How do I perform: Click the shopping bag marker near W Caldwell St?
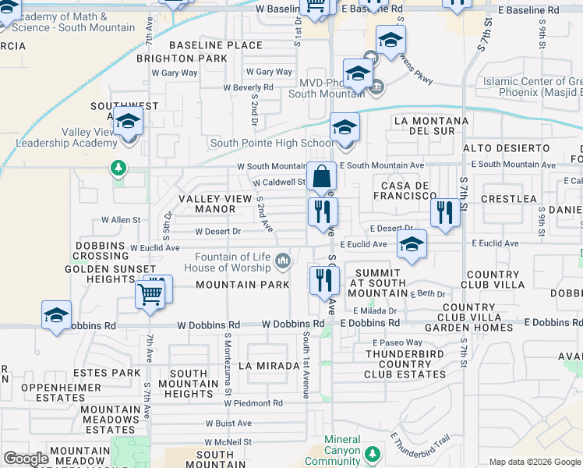(x=321, y=178)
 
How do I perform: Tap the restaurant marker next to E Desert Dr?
(x=445, y=211)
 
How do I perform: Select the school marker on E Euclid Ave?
(x=412, y=245)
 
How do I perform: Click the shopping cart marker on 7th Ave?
(x=150, y=295)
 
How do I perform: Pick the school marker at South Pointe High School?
(x=344, y=129)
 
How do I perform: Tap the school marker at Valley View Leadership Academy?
(x=129, y=122)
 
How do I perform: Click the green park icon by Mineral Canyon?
(x=373, y=453)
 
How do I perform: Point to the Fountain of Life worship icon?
(x=284, y=260)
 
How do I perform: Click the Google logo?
(x=26, y=459)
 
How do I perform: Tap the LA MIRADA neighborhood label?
(x=269, y=365)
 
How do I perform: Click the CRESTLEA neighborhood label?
(x=509, y=199)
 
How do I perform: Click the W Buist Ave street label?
(x=228, y=424)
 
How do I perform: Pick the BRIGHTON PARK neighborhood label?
(x=181, y=58)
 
